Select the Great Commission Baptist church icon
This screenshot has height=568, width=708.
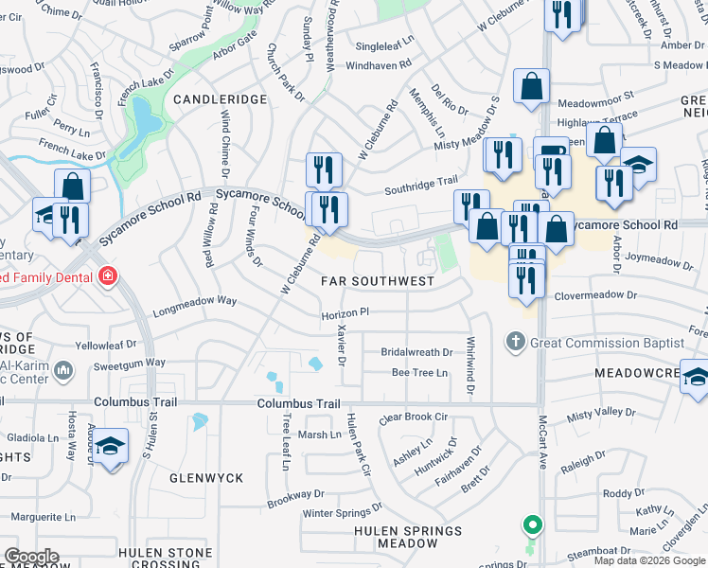515,340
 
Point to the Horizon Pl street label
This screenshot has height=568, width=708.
345,311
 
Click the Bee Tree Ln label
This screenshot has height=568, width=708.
420,373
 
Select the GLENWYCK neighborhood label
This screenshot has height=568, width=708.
206,478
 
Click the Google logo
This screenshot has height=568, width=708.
32,557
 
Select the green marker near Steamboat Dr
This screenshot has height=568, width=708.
533,524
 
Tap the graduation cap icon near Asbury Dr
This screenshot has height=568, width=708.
111,446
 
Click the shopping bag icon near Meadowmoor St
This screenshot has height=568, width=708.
532,85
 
